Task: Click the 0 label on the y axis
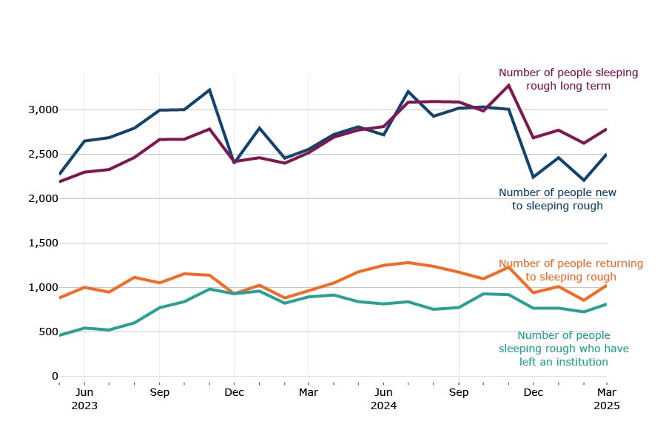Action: pos(54,376)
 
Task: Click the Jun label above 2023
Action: pos(84,392)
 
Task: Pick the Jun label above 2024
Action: pos(383,392)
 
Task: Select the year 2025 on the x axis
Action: pos(606,406)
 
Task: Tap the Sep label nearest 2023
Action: pos(159,392)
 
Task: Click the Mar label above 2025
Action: pos(607,392)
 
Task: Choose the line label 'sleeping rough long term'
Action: pos(568,79)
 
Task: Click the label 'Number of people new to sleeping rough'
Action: pos(557,199)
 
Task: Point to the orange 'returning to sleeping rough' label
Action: pos(571,270)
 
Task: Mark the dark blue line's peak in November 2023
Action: pos(209,90)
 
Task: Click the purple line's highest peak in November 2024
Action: pos(508,85)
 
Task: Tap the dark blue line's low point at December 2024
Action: pos(533,177)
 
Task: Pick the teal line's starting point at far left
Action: pos(60,335)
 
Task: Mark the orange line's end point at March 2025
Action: pos(607,285)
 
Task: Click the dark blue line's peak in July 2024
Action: pos(408,91)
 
